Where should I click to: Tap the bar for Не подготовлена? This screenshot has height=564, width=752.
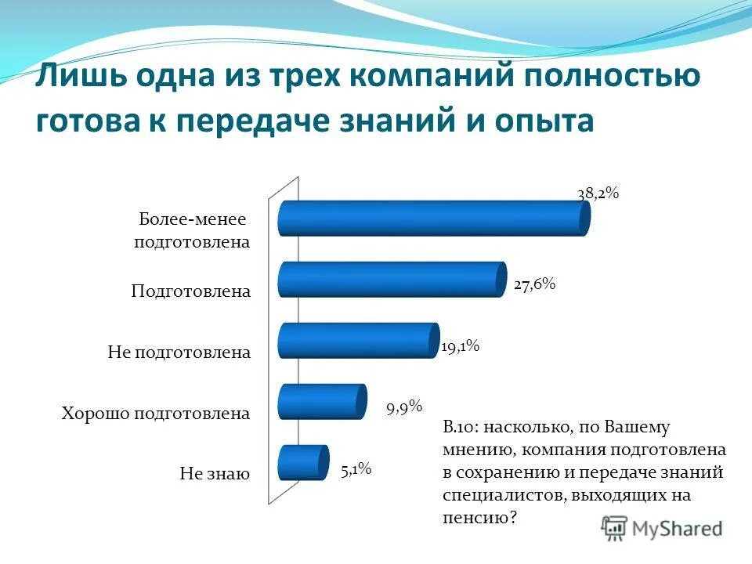pyautogui.click(x=357, y=340)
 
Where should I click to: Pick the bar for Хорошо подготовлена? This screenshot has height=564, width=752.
pyautogui.click(x=322, y=401)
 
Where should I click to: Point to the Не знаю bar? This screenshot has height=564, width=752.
pyautogui.click(x=302, y=462)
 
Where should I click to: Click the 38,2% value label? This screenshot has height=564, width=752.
pyautogui.click(x=598, y=193)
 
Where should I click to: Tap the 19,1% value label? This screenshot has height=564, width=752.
pyautogui.click(x=460, y=346)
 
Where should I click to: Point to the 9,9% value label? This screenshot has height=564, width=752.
pyautogui.click(x=403, y=407)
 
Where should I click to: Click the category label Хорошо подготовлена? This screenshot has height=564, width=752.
pyautogui.click(x=156, y=414)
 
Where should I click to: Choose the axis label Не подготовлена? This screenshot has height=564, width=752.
pyautogui.click(x=179, y=352)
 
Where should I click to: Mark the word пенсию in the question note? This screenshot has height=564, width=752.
pyautogui.click(x=475, y=517)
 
